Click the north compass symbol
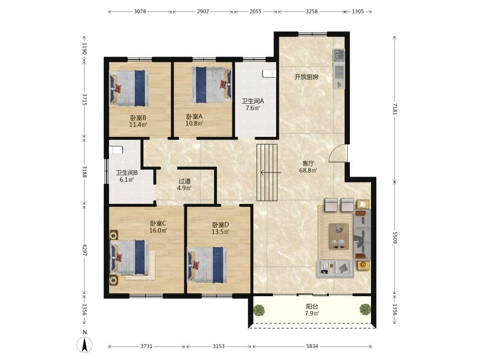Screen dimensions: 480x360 click(84, 342)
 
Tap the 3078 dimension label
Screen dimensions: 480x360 click(140, 12)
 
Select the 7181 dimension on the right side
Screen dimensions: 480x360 click(395, 108)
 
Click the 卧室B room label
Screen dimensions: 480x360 click(138, 118)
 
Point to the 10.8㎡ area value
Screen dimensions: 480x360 click(194, 124)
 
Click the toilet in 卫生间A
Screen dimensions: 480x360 click(269, 74)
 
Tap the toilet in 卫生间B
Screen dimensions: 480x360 click(116, 150)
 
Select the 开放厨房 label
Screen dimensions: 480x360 click(306, 77)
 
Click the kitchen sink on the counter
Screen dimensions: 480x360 click(339, 55)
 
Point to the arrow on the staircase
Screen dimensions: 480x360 click(271, 173)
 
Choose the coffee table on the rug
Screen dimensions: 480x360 click(338, 236)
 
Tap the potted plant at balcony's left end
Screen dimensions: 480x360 click(259, 310)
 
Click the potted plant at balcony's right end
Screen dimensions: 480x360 click(365, 309)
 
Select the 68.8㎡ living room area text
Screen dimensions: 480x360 click(308, 170)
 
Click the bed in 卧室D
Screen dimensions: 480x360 click(207, 265)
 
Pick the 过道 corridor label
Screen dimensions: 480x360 click(185, 181)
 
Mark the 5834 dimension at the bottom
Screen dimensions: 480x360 click(312, 346)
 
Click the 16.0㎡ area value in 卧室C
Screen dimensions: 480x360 click(158, 230)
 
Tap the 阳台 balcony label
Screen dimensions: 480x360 click(312, 306)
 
